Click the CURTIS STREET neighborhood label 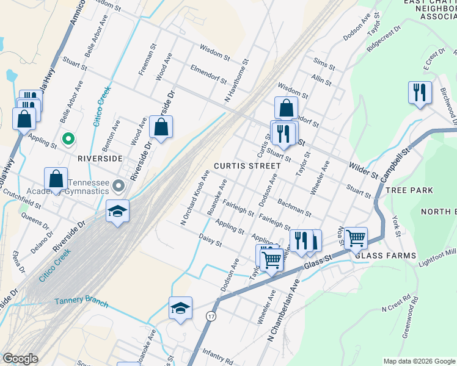pyautogui.click(x=243, y=167)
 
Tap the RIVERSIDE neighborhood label pyautogui.click(x=100, y=158)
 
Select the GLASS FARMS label pyautogui.click(x=394, y=256)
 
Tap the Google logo pyautogui.click(x=21, y=359)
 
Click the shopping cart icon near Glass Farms pyautogui.click(x=356, y=237)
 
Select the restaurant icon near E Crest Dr pyautogui.click(x=419, y=93)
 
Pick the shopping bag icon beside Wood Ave pyautogui.click(x=161, y=127)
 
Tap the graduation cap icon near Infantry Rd pyautogui.click(x=180, y=308)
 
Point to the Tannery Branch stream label pyautogui.click(x=81, y=303)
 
